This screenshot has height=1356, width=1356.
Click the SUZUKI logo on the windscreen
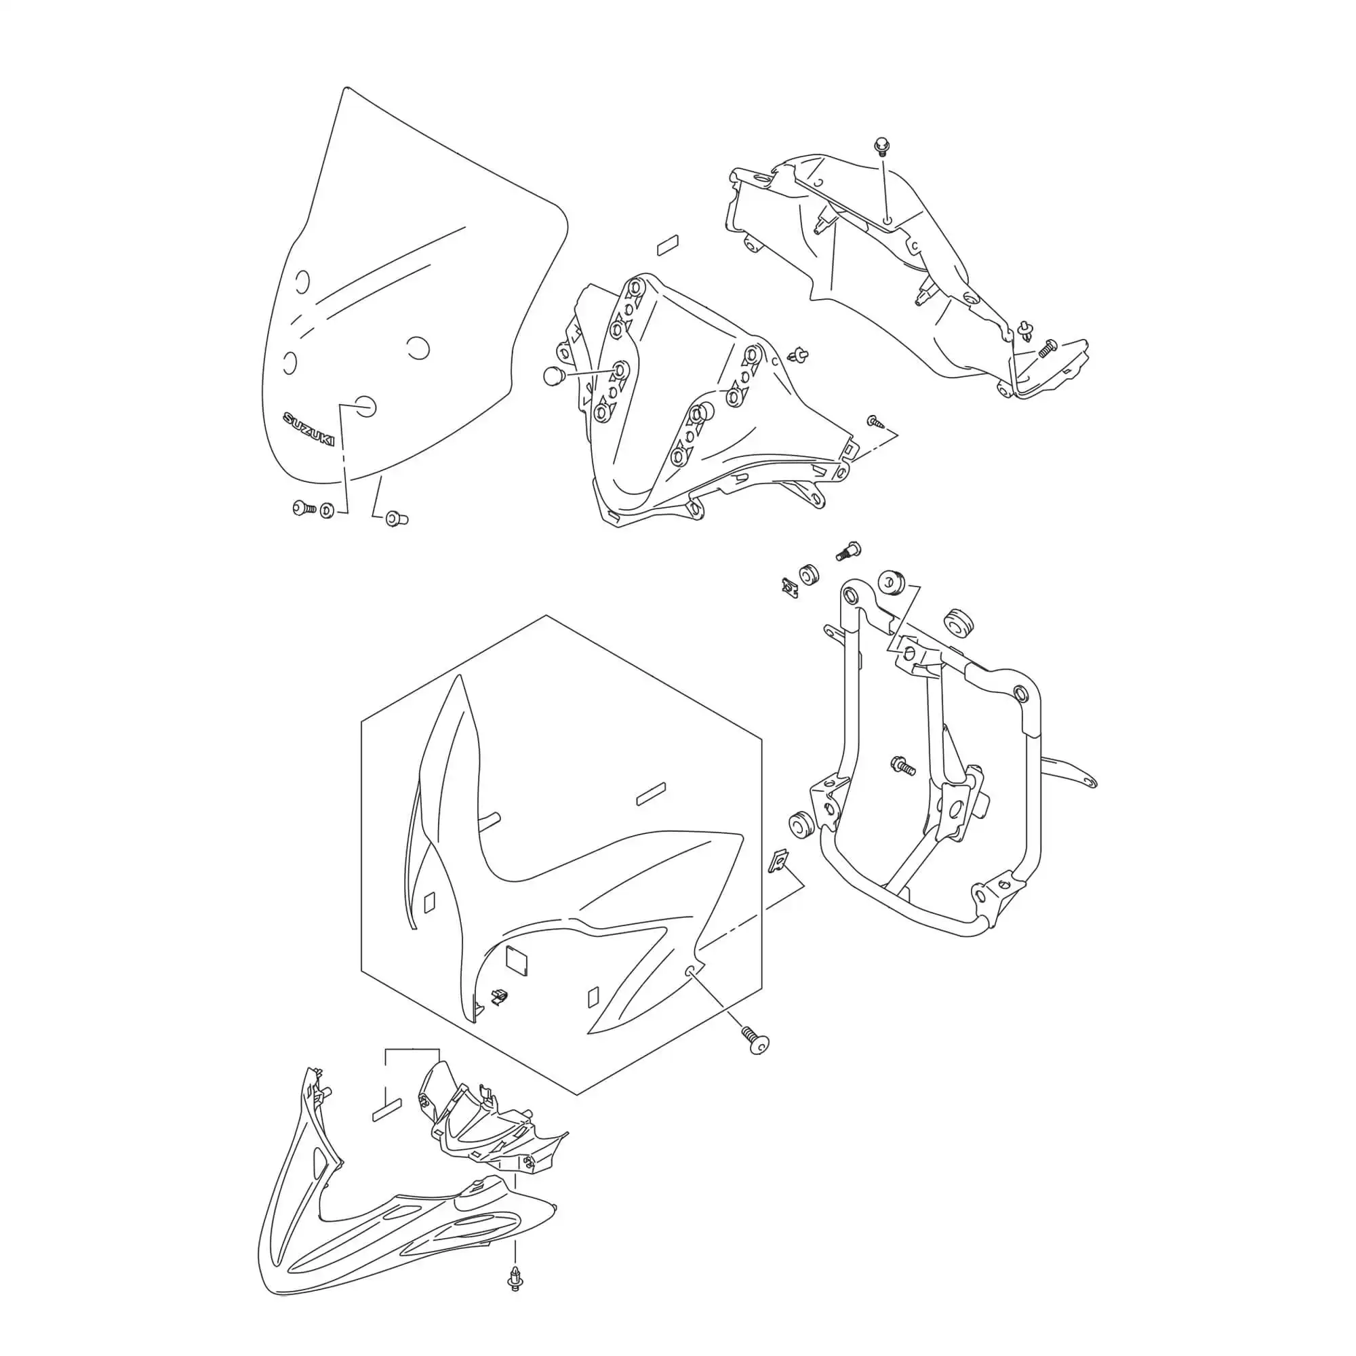(x=308, y=428)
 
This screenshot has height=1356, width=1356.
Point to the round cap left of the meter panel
(x=554, y=376)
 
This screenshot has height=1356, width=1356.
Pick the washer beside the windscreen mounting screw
(x=327, y=511)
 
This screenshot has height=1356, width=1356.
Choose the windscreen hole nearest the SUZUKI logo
(x=366, y=405)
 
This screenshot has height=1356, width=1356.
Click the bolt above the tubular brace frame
(x=848, y=550)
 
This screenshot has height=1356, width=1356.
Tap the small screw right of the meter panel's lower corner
(x=875, y=421)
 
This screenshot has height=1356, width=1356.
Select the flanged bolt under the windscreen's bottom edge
(x=396, y=519)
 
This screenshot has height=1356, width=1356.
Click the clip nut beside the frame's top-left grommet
(x=791, y=586)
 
